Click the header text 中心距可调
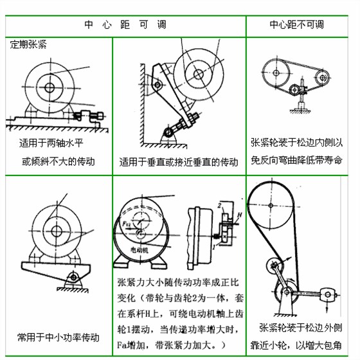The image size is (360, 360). click(125, 25)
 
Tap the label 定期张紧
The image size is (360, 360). click(28, 46)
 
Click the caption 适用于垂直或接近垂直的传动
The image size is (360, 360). click(179, 162)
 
